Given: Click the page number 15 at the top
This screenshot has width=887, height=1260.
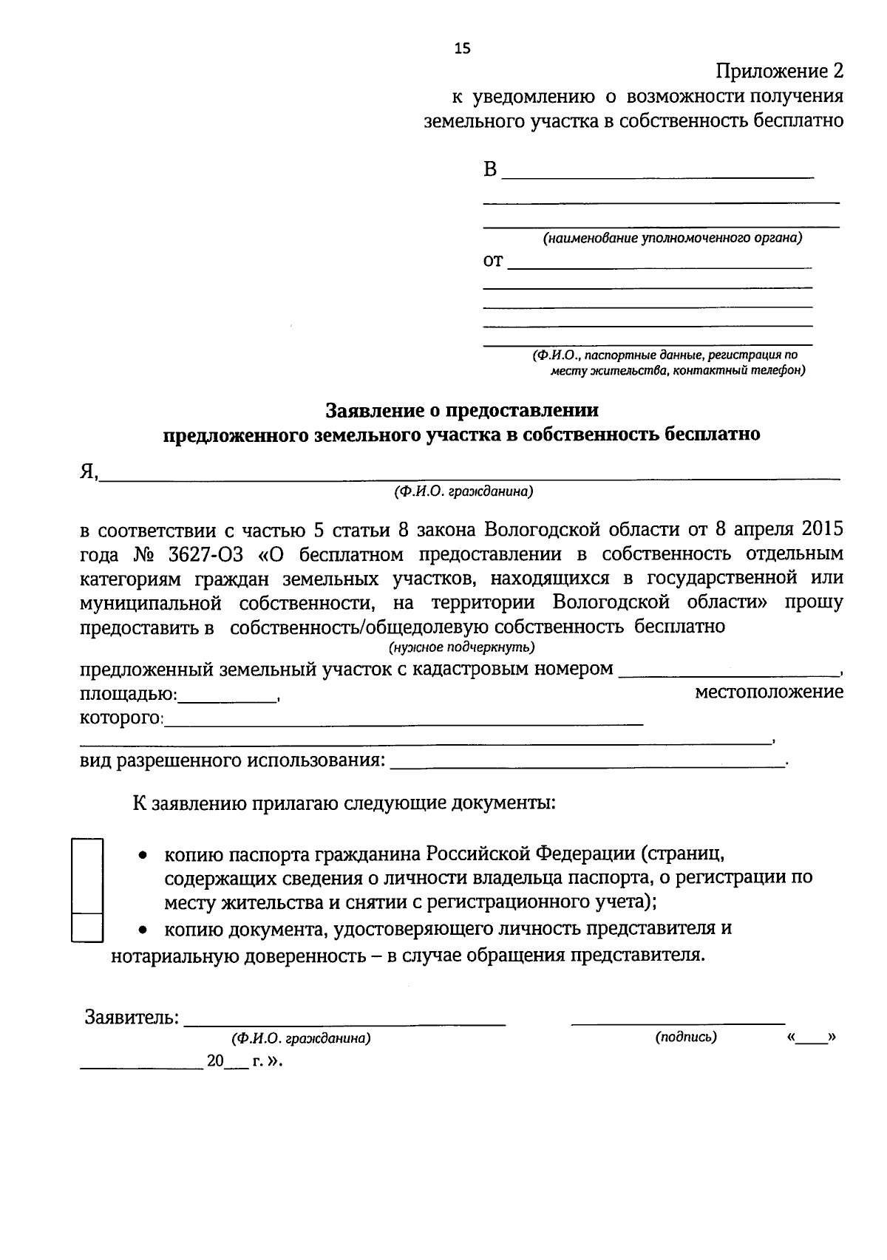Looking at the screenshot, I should [461, 49].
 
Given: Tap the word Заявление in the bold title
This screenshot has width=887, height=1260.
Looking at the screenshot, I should [373, 409].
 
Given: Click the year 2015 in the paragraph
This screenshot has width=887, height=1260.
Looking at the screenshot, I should [818, 530].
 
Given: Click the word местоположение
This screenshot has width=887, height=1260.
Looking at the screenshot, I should [769, 692].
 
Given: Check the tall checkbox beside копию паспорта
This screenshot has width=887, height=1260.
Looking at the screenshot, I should [86, 876].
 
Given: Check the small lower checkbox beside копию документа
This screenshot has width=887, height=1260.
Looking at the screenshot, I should [86, 928].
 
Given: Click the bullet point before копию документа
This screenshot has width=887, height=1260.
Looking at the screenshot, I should [144, 929].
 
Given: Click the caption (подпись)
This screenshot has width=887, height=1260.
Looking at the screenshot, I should [685, 1037].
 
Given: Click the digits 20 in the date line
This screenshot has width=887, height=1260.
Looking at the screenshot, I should [215, 1061].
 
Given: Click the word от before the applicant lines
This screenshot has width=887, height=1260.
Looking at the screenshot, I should [493, 261].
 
